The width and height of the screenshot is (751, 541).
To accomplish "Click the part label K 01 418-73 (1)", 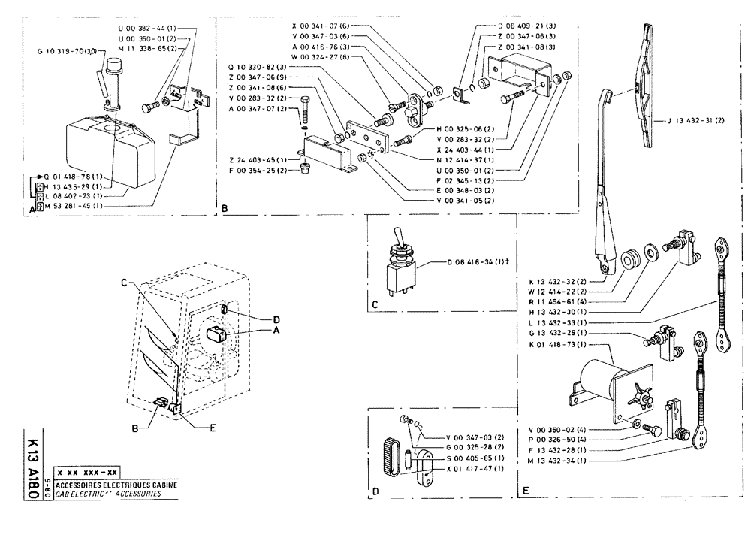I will (559, 344).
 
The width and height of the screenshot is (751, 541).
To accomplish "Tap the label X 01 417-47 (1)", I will (475, 468).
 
